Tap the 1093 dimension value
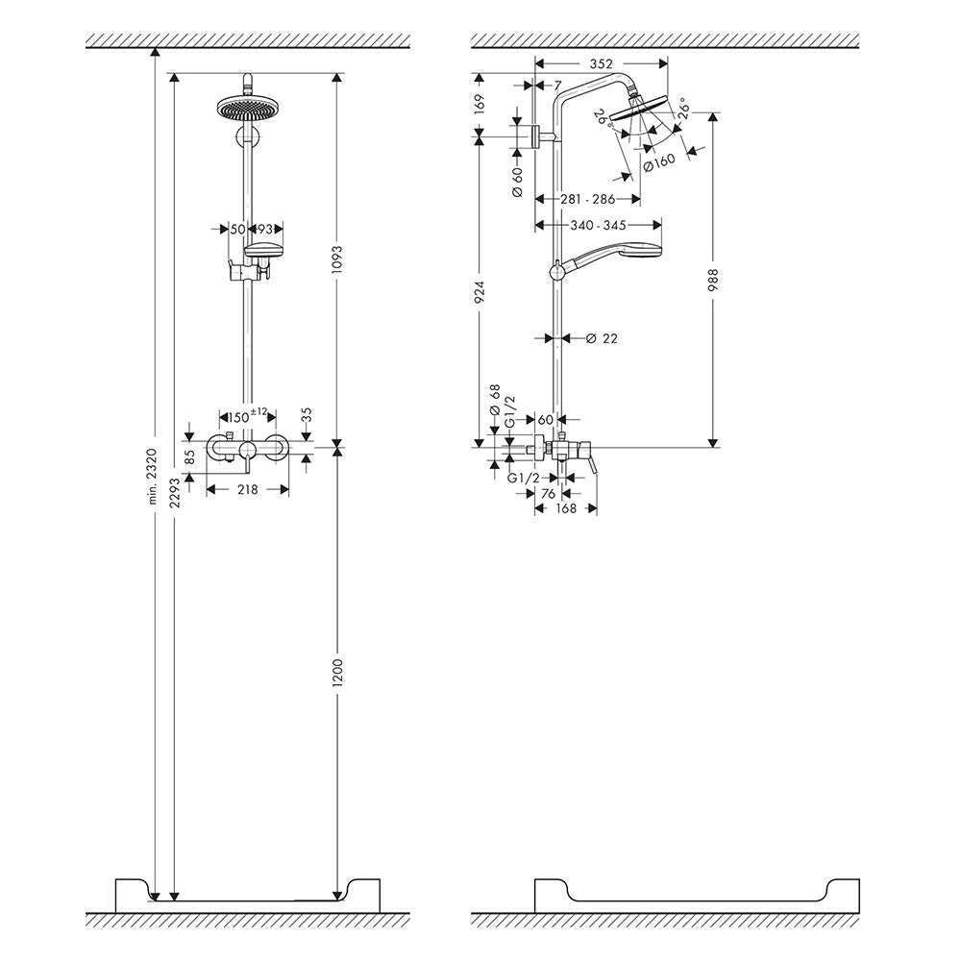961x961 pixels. click(x=337, y=260)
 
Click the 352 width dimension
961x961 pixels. click(x=601, y=64)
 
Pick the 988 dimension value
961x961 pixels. click(x=712, y=283)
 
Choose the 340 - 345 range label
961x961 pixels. click(x=597, y=226)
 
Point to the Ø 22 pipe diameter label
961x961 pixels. click(x=600, y=338)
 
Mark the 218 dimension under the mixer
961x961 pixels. click(x=248, y=489)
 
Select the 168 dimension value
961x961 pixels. click(x=565, y=508)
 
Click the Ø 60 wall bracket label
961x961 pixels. click(x=516, y=182)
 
